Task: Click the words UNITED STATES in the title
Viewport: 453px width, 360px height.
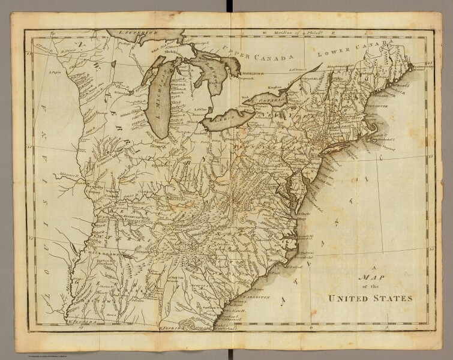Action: coord(366,298)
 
